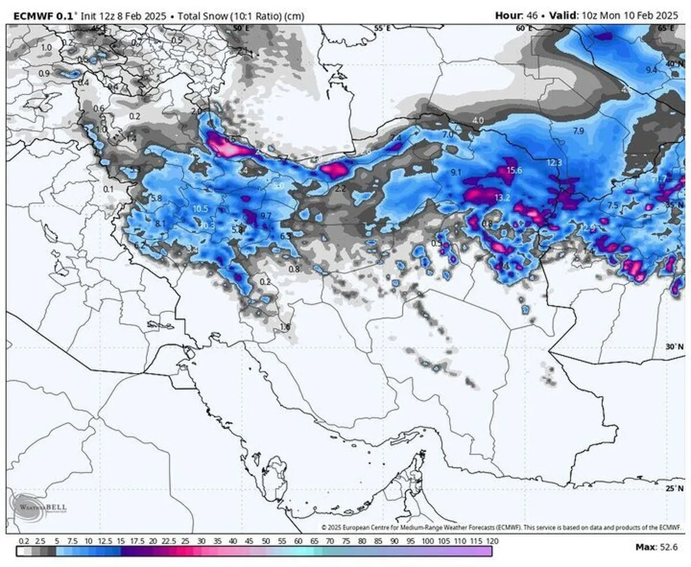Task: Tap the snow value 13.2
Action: click(x=502, y=197)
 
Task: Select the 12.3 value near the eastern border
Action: click(x=554, y=163)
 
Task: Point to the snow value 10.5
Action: click(x=200, y=209)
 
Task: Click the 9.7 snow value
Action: click(x=266, y=215)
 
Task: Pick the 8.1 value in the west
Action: click(x=161, y=223)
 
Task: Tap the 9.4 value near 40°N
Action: click(x=651, y=70)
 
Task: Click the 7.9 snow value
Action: click(x=579, y=131)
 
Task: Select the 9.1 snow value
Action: click(x=456, y=172)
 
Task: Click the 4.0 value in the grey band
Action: click(x=478, y=120)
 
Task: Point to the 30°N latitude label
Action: click(x=673, y=347)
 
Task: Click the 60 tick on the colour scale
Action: click(x=298, y=541)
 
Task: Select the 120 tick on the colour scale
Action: click(x=492, y=541)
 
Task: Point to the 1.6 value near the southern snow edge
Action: click(x=284, y=327)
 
